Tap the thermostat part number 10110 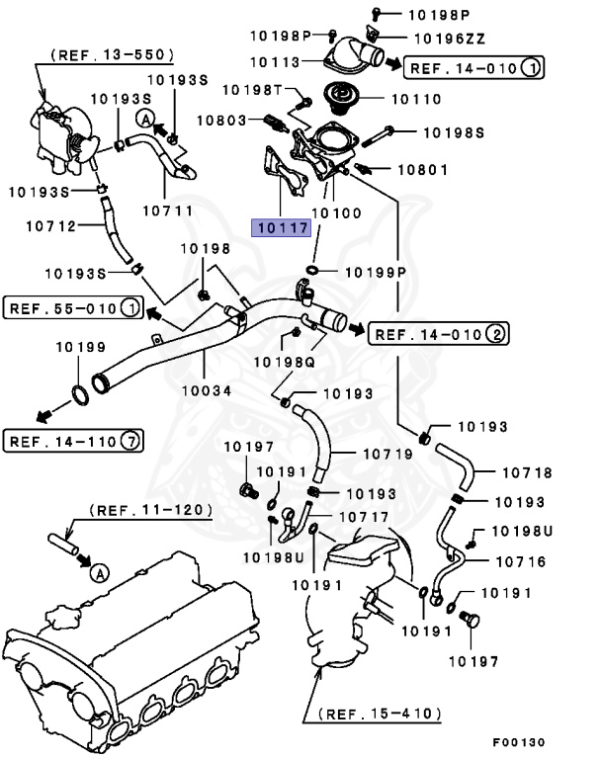418,100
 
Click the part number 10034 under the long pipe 206,390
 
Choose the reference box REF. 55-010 71,308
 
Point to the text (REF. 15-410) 381,712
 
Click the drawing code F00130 517,741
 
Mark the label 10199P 374,271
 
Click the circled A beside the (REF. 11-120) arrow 98,570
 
